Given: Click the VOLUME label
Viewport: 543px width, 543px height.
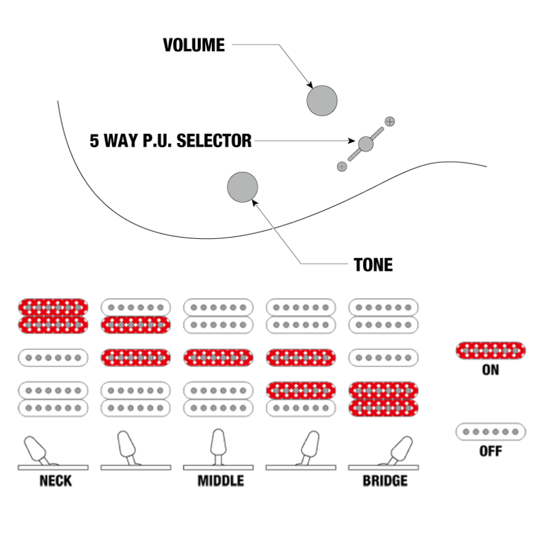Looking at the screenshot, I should tap(194, 45).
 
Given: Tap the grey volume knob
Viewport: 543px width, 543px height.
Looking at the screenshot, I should tap(322, 100).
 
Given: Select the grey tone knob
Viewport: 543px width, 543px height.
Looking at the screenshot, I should tap(243, 186).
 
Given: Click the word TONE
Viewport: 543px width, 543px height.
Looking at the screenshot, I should tap(373, 264).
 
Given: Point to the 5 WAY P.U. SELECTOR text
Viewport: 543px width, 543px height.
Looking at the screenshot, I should tap(171, 141).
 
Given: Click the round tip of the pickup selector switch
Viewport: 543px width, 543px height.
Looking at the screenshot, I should tap(366, 144).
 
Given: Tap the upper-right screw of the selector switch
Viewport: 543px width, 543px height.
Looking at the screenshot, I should tap(390, 121).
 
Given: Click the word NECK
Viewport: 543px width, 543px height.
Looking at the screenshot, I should tap(53, 481).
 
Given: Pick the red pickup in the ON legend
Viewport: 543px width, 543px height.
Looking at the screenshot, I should tap(490, 351).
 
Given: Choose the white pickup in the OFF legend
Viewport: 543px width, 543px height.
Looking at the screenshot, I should tap(490, 432).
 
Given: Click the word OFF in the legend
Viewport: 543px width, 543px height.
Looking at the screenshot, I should tap(490, 451).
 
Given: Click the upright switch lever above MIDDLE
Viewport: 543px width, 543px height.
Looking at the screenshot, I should tap(218, 443).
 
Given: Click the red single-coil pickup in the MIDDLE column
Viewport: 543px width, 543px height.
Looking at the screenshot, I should tap(218, 357).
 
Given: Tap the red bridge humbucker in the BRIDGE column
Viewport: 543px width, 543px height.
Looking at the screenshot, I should tap(384, 399).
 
